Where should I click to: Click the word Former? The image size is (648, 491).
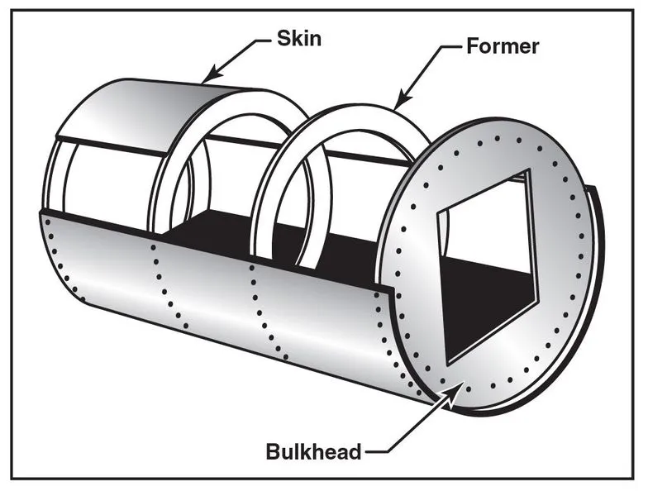pyautogui.click(x=502, y=45)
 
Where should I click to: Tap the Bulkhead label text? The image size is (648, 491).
pyautogui.click(x=313, y=451)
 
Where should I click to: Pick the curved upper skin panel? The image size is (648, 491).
pyautogui.click(x=157, y=116)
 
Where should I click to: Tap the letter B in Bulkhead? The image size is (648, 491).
pyautogui.click(x=273, y=451)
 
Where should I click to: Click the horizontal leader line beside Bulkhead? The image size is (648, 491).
pyautogui.click(x=376, y=451)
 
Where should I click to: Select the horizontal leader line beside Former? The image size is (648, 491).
pyautogui.click(x=453, y=46)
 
